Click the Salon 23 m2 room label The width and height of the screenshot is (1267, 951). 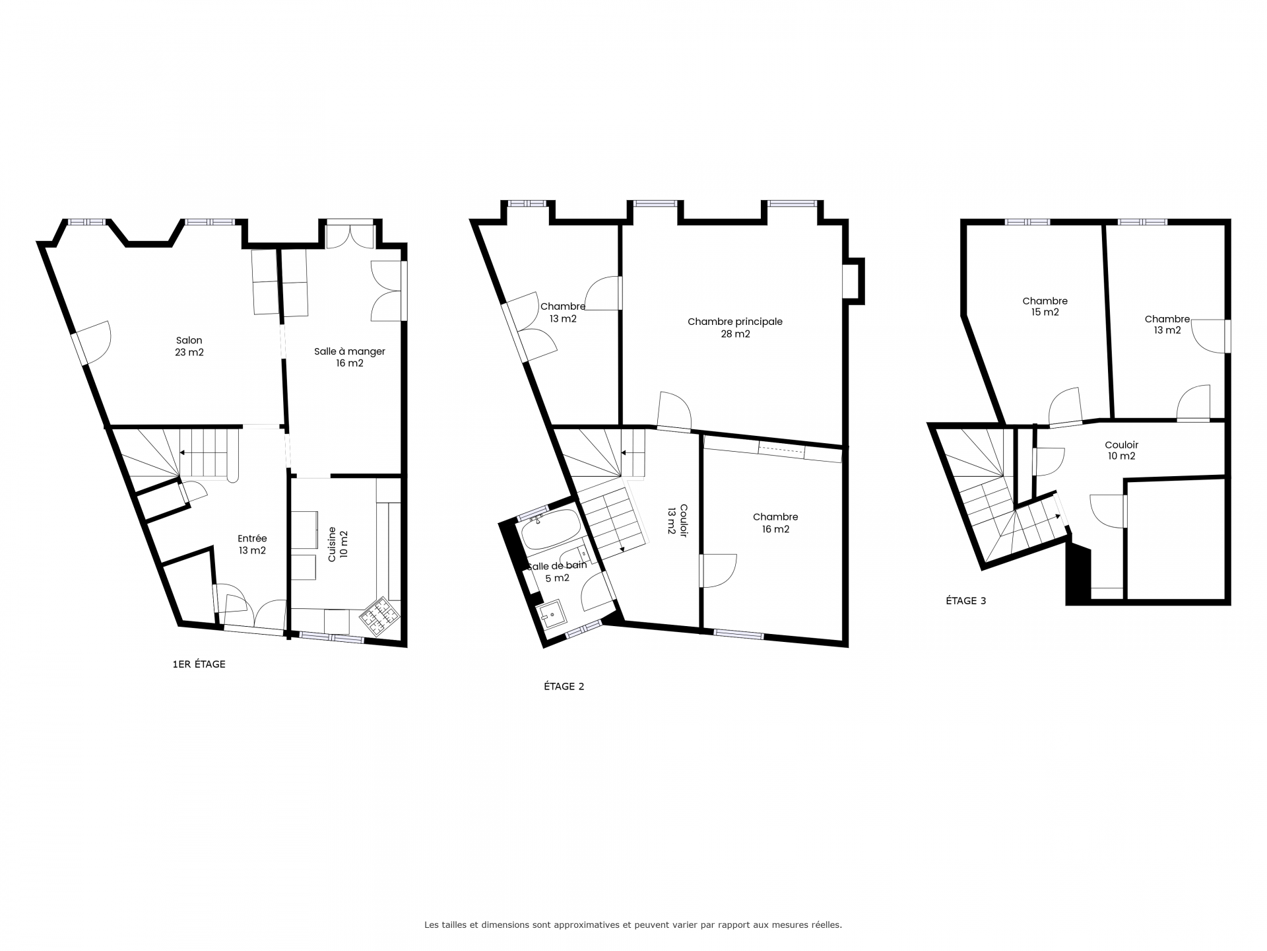189,347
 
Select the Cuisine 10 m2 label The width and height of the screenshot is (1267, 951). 338,544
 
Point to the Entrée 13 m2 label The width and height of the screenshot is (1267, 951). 252,544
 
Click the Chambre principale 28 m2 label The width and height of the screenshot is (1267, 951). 735,328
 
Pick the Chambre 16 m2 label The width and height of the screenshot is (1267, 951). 775,523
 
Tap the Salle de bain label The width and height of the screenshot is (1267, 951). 556,565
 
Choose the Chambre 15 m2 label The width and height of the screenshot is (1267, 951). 1045,306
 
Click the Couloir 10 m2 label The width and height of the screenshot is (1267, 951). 1121,450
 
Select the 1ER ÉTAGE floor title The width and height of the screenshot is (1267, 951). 199,664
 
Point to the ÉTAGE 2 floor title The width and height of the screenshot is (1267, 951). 564,686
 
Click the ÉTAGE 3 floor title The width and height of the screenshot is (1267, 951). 965,601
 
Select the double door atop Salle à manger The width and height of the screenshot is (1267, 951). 350,236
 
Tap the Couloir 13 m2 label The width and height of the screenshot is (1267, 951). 677,528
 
